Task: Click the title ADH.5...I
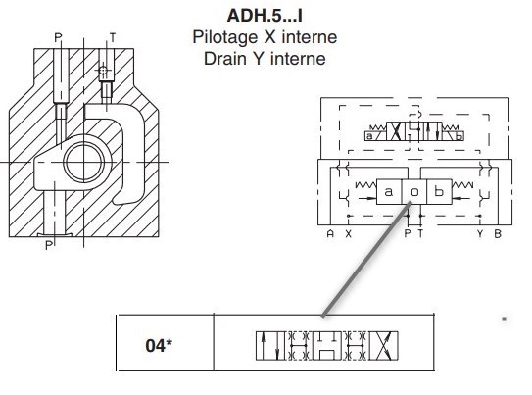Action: (265, 16)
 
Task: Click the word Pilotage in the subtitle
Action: (226, 37)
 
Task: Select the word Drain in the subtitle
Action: (225, 59)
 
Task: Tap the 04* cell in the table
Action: (159, 345)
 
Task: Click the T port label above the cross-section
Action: (113, 37)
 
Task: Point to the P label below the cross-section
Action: (49, 245)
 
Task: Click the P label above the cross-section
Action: (59, 37)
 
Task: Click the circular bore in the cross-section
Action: (84, 162)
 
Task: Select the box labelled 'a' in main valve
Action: (389, 192)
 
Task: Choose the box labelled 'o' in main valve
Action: (413, 192)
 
